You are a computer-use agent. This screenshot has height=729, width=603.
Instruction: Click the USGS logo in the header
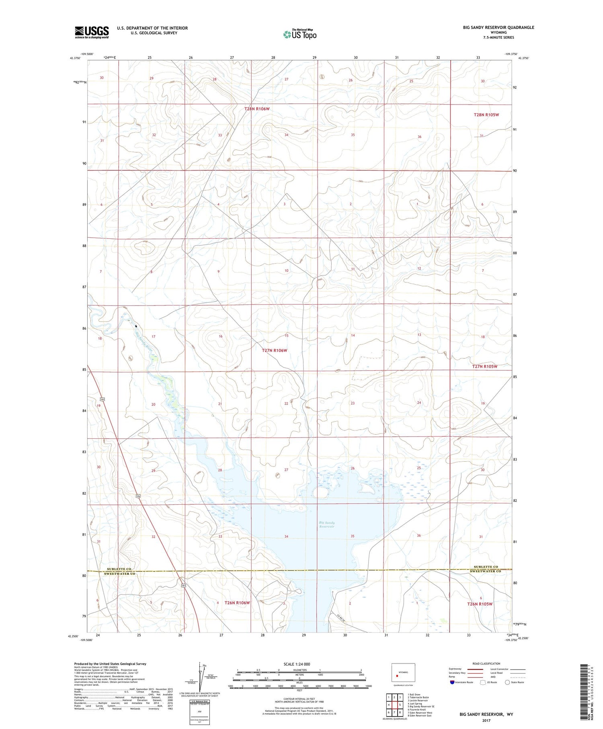[x=92, y=32]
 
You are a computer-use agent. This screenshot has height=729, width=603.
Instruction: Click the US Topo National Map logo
[x=300, y=34]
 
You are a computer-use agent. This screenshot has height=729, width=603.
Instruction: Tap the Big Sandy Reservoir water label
[x=327, y=524]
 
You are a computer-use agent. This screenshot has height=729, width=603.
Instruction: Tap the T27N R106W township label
[x=275, y=350]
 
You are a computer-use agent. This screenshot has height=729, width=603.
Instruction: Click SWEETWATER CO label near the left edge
[x=120, y=574]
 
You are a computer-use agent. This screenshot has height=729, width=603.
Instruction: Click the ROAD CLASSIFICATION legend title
[x=486, y=663]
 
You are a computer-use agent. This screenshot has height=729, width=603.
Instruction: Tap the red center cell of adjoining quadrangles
[x=400, y=705]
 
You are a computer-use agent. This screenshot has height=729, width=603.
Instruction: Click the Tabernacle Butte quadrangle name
[x=419, y=698]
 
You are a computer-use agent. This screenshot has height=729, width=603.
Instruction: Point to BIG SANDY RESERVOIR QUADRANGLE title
[x=498, y=27]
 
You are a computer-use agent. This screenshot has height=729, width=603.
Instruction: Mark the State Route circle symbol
[x=507, y=682]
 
